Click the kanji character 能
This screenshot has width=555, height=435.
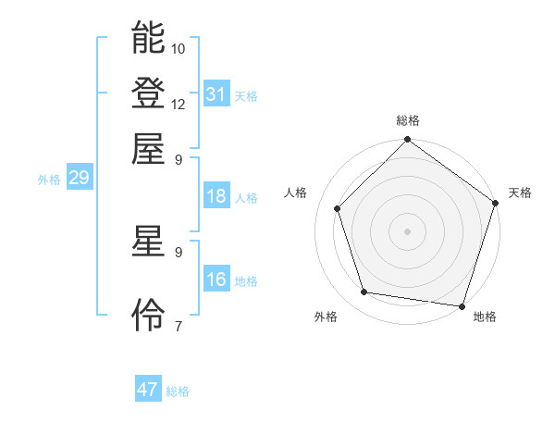(x=148, y=39)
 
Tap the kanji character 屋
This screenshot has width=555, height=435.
(x=148, y=148)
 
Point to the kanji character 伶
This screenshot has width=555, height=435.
(x=148, y=317)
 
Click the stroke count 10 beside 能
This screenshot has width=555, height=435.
(x=179, y=48)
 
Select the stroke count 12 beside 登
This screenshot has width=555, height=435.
(x=179, y=104)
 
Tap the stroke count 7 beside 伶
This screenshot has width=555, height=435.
(x=179, y=326)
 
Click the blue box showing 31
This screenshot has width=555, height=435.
(x=216, y=93)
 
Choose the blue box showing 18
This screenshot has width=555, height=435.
(x=216, y=196)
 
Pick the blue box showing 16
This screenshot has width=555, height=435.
(x=216, y=280)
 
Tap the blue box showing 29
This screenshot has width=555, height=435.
(x=79, y=179)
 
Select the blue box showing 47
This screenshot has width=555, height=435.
(x=148, y=390)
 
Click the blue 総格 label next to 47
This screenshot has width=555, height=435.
(x=178, y=391)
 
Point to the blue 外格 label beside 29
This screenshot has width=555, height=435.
(x=48, y=180)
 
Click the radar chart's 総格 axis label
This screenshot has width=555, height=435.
(x=408, y=120)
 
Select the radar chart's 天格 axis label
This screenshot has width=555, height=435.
(x=520, y=193)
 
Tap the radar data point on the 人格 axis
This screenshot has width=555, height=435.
(x=338, y=208)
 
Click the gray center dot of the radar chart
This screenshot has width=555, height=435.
(x=408, y=230)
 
